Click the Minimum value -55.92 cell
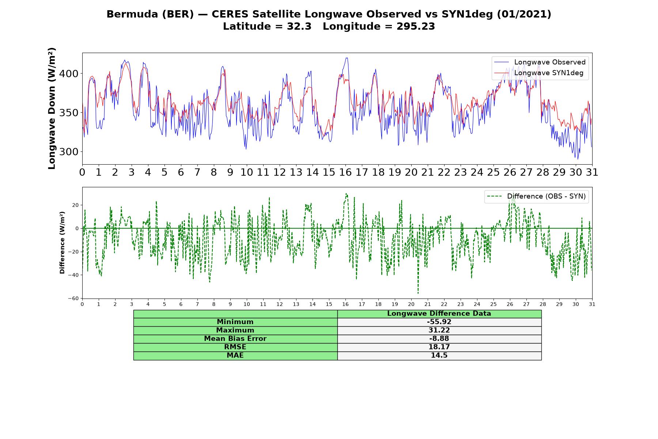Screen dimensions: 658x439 (439, 322)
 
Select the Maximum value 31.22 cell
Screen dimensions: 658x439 (439, 330)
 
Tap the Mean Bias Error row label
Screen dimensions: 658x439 (235, 339)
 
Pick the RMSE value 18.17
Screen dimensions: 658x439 (439, 347)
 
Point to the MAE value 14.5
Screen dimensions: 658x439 (439, 356)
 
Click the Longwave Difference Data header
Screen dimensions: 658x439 (439, 314)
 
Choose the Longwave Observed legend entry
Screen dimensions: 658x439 (540, 62)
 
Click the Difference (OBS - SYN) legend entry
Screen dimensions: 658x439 (536, 196)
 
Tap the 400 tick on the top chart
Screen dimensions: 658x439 (69, 74)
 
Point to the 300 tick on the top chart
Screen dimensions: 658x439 (69, 151)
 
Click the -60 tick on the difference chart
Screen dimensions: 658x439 (73, 299)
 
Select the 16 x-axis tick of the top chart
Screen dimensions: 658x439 (345, 172)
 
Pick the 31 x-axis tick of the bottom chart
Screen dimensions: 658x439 (592, 304)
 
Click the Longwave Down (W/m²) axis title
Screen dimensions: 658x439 (52, 108)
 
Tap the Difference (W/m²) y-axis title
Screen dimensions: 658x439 (62, 243)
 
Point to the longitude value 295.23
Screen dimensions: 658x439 (416, 26)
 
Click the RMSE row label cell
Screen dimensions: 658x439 (235, 347)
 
